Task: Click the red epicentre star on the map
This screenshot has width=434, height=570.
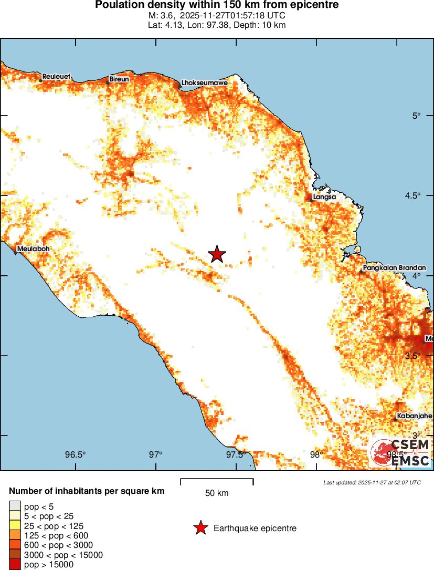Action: tap(217, 254)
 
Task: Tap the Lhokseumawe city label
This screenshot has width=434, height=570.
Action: tap(204, 83)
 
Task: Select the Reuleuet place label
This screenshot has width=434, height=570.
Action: tap(56, 76)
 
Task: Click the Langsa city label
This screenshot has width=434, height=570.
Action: tap(324, 197)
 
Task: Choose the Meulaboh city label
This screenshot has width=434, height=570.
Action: tap(33, 248)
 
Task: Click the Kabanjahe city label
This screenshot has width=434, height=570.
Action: tap(415, 416)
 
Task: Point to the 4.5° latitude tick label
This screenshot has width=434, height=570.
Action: tap(418, 195)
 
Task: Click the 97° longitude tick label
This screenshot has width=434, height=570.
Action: tap(156, 454)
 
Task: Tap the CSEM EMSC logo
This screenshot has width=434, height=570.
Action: tap(401, 453)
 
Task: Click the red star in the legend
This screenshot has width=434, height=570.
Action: tap(200, 528)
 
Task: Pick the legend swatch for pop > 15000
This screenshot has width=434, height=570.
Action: tap(15, 565)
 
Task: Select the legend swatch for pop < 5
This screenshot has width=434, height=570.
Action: tap(15, 506)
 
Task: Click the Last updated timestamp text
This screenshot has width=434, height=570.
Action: tap(372, 482)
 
